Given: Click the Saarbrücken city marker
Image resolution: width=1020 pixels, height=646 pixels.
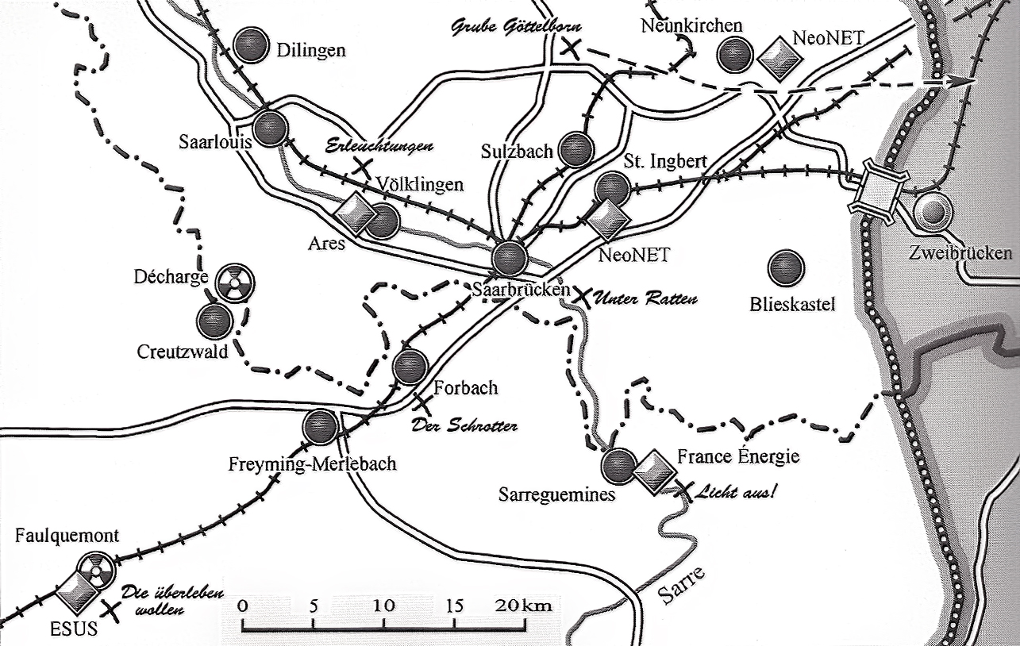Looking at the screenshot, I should click(509, 258).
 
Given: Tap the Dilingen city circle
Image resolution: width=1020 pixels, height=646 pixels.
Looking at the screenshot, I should click(252, 45).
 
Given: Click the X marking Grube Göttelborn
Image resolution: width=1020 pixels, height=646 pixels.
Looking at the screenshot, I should click(569, 48).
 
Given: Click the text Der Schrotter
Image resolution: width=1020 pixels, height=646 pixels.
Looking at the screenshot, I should click(464, 426).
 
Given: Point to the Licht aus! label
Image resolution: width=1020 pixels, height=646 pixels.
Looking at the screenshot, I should click(735, 492).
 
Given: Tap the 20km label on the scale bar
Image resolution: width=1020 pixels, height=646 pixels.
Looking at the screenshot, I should click(523, 606).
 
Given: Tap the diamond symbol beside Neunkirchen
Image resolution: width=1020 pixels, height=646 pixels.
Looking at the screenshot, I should click(775, 59).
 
